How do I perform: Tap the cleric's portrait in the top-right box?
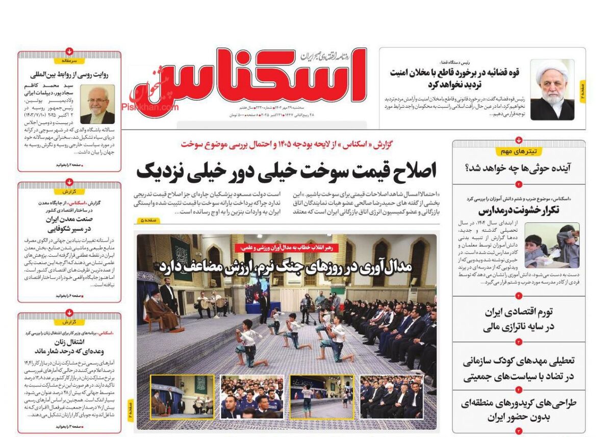point(552,90)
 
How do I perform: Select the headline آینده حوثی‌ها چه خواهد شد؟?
point(519,168)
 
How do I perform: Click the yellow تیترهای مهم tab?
point(519,151)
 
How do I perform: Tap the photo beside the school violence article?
point(552,245)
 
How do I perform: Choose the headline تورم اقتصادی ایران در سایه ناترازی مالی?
point(519,319)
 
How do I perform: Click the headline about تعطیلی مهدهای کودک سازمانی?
point(519,369)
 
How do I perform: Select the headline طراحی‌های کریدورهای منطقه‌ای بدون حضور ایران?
point(519,410)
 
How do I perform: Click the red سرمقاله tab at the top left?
point(69,60)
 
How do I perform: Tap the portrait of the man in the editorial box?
point(97,104)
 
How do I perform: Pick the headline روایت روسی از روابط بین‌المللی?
point(69,74)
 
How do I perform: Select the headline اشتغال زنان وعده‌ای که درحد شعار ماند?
point(69,347)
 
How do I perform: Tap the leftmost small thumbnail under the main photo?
point(182,397)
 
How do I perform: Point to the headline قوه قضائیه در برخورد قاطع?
point(455,78)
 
